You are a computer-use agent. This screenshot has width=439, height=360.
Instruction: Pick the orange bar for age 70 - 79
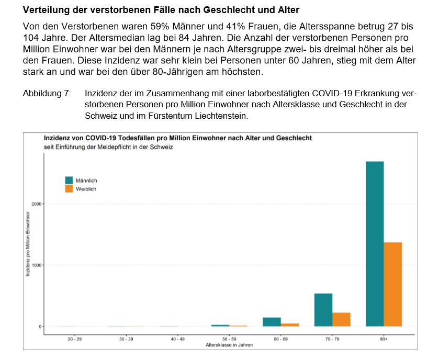[x=341, y=319]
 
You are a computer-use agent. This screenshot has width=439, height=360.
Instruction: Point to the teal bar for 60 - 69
[x=272, y=322]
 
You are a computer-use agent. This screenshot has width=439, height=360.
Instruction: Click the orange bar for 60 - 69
[x=290, y=325]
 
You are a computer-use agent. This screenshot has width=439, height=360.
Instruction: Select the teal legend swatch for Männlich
[x=69, y=181]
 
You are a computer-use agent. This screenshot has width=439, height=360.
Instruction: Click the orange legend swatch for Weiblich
[x=69, y=188]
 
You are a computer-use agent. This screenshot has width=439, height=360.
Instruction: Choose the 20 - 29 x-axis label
[x=74, y=340]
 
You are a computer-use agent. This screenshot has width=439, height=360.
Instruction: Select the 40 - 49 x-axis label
[x=177, y=340]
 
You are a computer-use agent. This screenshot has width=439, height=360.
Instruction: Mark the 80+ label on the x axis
[x=384, y=340]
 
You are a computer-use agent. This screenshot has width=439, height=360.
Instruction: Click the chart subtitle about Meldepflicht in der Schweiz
[x=108, y=147]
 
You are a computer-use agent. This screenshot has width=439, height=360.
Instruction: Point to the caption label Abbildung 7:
[x=47, y=94]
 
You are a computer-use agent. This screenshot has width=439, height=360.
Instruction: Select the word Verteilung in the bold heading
[x=47, y=10]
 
